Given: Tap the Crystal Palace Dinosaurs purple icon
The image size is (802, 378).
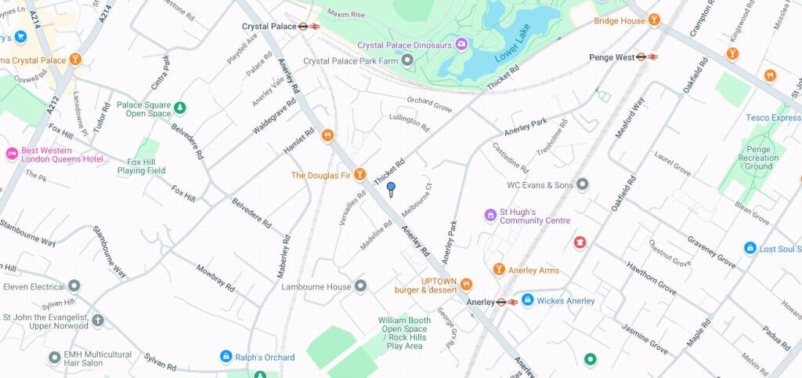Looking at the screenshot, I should point(461,44).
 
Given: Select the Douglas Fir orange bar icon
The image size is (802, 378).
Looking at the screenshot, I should point(359,174).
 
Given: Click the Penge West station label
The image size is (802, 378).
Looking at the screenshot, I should point(612,57).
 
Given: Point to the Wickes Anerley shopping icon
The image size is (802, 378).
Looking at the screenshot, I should point(527,300).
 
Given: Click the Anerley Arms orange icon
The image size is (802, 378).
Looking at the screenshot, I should point(498,270).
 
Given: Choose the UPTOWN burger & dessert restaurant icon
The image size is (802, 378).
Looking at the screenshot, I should point(467,284).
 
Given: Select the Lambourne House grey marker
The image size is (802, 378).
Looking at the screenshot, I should point(360,286).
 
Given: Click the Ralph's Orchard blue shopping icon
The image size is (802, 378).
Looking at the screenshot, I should point(226,357).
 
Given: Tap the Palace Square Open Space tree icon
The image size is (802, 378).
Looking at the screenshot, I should point(180,107).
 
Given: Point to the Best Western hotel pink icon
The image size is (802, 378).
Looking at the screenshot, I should point(12,154).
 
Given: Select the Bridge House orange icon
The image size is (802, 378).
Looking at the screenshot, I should point(654,20).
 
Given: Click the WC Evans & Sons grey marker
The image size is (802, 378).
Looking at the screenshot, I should point(582,185).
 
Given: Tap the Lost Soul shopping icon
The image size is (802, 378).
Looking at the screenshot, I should point(750,249).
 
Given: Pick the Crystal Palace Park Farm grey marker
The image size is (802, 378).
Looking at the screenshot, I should point(407,60).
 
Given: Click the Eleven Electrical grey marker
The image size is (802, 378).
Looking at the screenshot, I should point(74,286).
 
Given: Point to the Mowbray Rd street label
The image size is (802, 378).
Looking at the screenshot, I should point(215,278).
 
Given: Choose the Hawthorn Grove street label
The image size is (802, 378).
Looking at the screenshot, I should point(651,277).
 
